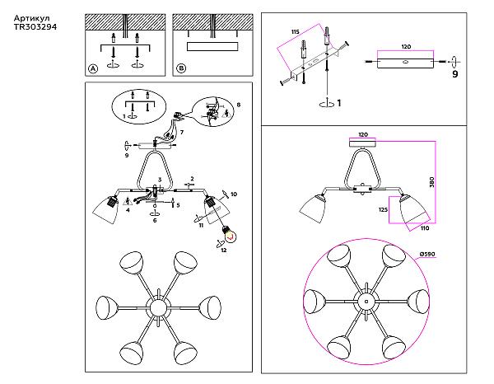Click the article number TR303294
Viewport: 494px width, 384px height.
click(x=35, y=27)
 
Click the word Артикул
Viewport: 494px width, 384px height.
click(x=32, y=18)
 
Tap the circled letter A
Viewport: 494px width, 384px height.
click(x=93, y=68)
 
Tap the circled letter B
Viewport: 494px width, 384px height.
click(x=181, y=68)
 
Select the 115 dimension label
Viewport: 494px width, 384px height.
click(x=296, y=31)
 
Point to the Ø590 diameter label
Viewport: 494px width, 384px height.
click(x=427, y=254)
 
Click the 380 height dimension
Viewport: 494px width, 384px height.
click(x=431, y=182)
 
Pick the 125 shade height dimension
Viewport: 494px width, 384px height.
click(x=383, y=209)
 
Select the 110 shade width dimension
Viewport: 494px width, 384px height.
click(x=425, y=228)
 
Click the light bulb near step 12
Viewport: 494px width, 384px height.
click(x=230, y=234)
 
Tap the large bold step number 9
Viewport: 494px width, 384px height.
click(x=454, y=74)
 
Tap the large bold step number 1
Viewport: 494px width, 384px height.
click(x=339, y=103)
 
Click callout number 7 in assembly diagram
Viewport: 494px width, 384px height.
click(x=182, y=132)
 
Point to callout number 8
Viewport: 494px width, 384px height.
click(x=239, y=105)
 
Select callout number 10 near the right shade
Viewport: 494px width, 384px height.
click(x=234, y=194)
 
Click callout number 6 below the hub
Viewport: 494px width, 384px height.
click(x=155, y=220)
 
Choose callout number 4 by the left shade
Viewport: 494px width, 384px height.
click(x=128, y=209)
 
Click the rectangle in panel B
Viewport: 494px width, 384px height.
click(x=212, y=46)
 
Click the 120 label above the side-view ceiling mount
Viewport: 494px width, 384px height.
click(x=363, y=134)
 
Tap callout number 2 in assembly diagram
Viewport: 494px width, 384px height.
click(x=192, y=179)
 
